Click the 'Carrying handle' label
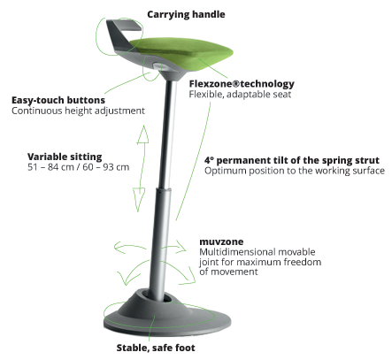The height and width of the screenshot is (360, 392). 186,14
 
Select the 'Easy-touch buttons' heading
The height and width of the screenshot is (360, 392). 58,101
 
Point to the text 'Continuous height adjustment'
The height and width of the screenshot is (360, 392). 78,111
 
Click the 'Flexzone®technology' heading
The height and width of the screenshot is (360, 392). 242,84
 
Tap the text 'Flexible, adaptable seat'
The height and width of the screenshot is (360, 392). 240,95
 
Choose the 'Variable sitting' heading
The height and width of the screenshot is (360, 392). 65,157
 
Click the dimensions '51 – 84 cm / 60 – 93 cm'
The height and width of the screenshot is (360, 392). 79,167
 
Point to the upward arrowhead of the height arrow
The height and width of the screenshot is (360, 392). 143,134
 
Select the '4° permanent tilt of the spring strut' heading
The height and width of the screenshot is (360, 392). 292,160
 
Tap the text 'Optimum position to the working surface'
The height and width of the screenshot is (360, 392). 295,171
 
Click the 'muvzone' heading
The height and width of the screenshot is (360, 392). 221,241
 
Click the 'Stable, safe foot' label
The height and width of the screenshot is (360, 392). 156,348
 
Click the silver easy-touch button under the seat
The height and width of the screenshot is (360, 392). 158,65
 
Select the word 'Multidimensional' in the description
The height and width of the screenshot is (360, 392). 237,252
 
